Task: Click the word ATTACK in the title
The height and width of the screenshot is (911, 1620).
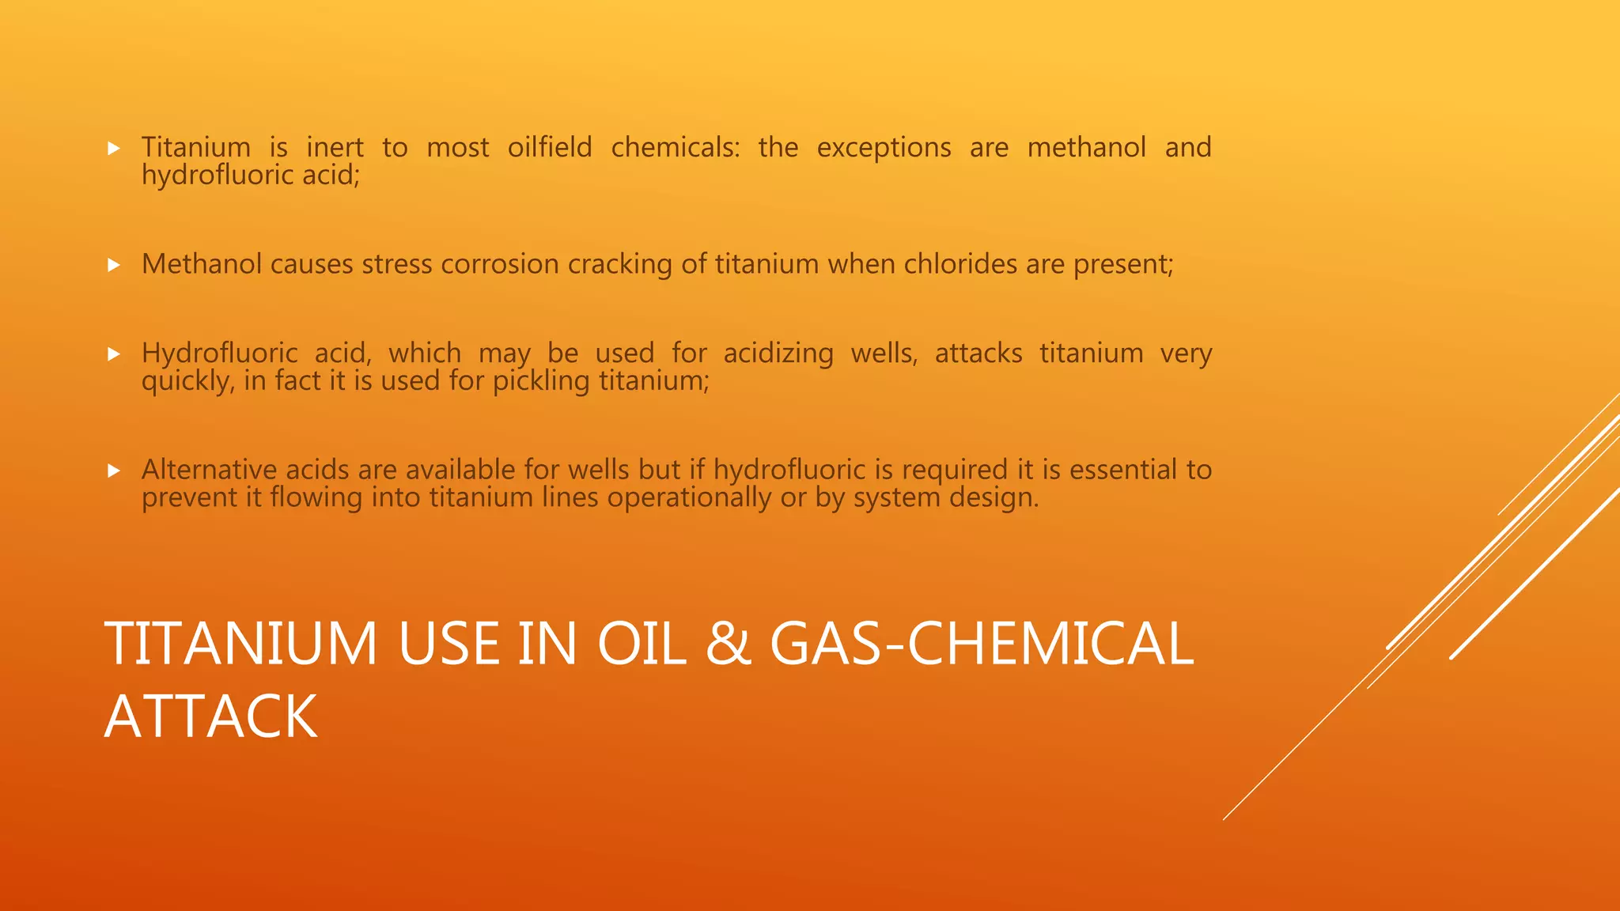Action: pyautogui.click(x=210, y=716)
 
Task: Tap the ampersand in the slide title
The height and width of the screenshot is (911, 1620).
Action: pyautogui.click(x=728, y=643)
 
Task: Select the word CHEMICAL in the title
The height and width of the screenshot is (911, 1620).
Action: pyautogui.click(x=1050, y=643)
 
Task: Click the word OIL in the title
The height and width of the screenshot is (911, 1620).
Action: pyautogui.click(x=642, y=643)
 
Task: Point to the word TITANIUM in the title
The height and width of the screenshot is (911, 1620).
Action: pyautogui.click(x=241, y=643)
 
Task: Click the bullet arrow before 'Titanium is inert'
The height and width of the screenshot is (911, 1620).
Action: pyautogui.click(x=114, y=148)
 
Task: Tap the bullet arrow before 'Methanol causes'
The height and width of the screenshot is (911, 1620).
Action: pyautogui.click(x=114, y=265)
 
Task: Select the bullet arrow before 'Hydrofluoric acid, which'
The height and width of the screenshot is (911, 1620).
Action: pyautogui.click(x=114, y=353)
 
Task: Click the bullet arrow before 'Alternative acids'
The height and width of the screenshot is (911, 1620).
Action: pyautogui.click(x=114, y=471)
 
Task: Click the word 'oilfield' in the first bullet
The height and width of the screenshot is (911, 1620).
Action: pyautogui.click(x=550, y=147)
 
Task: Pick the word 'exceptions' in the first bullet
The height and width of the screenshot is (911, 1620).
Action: pyautogui.click(x=884, y=148)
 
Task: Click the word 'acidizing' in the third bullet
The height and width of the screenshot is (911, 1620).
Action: pyautogui.click(x=778, y=353)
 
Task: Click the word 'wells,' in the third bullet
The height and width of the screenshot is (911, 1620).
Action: pyautogui.click(x=884, y=353)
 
